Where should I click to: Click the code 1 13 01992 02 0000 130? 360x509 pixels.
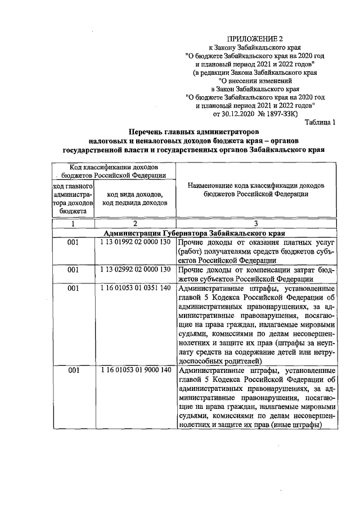[x=135, y=242]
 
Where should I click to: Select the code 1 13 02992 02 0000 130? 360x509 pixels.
[x=135, y=269]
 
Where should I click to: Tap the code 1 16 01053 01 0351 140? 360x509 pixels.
[x=135, y=288]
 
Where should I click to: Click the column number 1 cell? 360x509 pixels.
[x=73, y=223]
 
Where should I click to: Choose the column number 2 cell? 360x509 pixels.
[x=135, y=223]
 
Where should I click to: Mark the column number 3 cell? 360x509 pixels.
[x=256, y=223]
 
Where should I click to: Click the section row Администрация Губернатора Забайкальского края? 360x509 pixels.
[x=195, y=232]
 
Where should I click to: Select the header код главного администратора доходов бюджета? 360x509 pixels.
[x=73, y=199]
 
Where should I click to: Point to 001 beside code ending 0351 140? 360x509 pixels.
[x=73, y=288]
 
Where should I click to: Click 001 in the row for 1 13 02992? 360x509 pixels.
[x=73, y=269]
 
